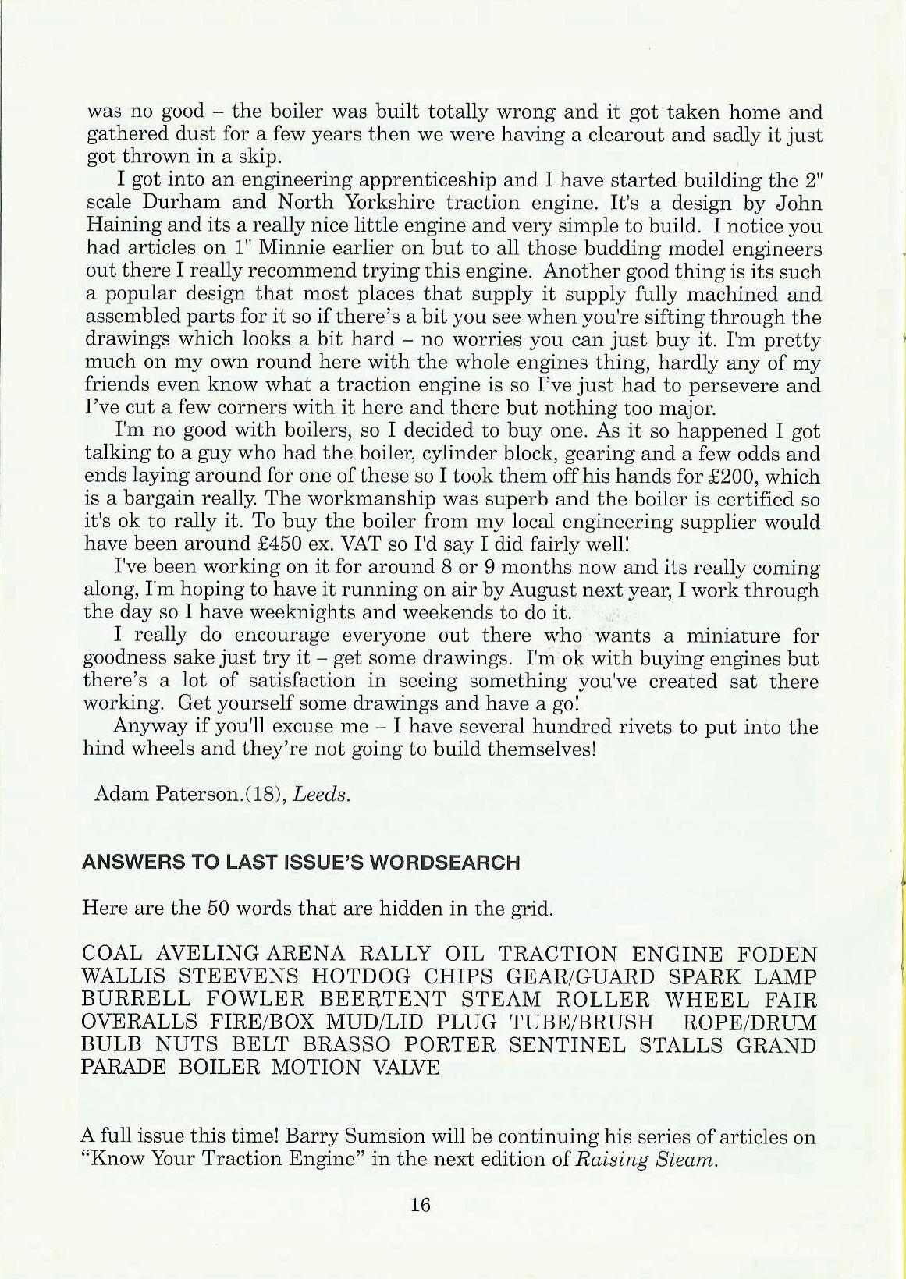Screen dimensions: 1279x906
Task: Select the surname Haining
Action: point(120,227)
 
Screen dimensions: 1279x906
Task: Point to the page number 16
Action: point(420,1205)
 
